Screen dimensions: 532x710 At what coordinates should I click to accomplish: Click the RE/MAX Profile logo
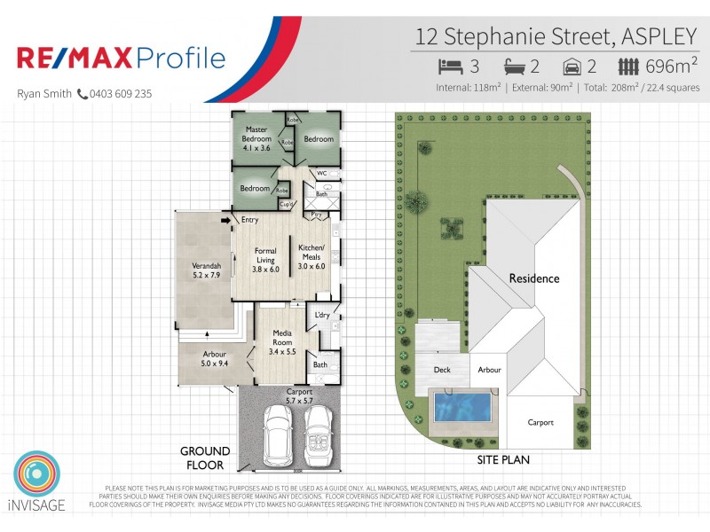(x=122, y=59)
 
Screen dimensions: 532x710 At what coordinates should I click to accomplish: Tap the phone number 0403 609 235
(x=120, y=93)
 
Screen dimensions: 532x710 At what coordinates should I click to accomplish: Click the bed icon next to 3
(x=450, y=66)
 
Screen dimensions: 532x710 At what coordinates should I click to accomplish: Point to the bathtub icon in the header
(x=514, y=66)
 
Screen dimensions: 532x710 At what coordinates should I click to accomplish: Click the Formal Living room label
(x=265, y=260)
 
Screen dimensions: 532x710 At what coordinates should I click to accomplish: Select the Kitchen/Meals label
(x=312, y=256)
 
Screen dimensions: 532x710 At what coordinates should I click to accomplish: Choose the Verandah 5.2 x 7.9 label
(x=205, y=270)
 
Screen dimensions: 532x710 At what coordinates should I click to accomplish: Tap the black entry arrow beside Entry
(x=225, y=220)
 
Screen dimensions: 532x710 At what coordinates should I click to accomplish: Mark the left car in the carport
(x=277, y=434)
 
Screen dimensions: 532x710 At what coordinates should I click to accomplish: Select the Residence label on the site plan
(x=534, y=278)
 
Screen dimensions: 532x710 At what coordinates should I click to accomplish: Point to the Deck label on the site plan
(x=442, y=370)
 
